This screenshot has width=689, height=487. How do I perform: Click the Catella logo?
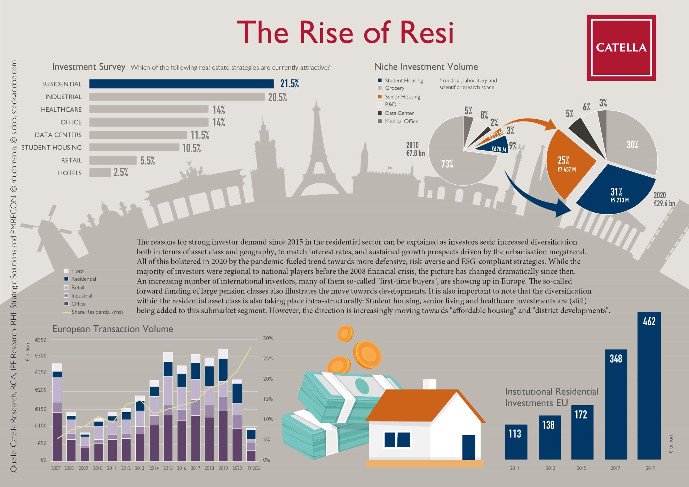coord(621,48)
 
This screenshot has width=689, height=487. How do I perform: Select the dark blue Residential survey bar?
coord(181,84)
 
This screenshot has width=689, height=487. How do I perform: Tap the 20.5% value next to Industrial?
coord(277,97)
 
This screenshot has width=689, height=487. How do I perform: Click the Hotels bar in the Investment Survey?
coord(100,173)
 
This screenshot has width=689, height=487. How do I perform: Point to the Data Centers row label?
coord(58,135)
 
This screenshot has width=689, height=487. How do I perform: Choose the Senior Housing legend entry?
coord(402,97)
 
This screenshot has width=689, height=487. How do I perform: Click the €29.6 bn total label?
coord(664,203)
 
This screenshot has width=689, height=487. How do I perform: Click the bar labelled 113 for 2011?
coord(516,442)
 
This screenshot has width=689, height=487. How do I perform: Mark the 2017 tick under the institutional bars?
coord(616,468)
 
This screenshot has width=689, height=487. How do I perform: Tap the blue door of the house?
coord(469,447)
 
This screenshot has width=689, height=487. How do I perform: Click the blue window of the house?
coord(397,440)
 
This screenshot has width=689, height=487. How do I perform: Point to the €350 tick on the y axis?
coord(41,340)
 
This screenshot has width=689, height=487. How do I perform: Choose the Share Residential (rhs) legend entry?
coord(97,312)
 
